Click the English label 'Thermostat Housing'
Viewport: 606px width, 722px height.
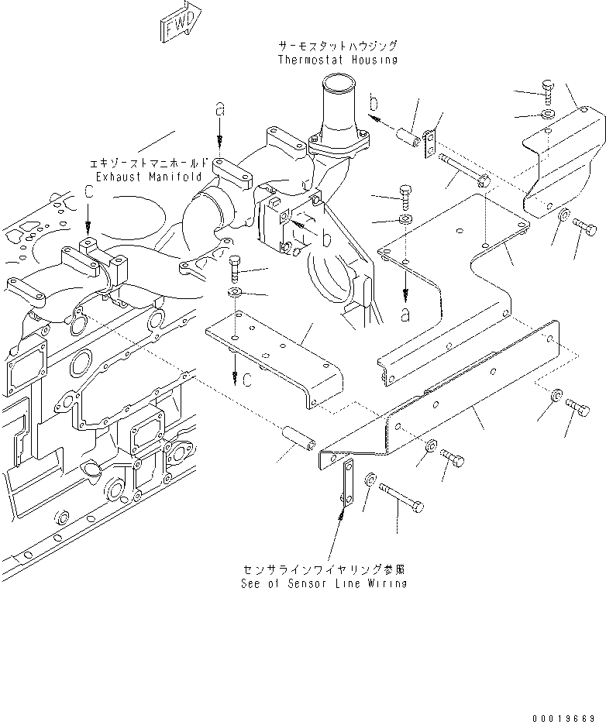tap(337, 60)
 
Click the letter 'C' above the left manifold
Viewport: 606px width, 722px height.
tap(90, 190)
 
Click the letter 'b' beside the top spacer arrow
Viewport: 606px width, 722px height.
tap(374, 101)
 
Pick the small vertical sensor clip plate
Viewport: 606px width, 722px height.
tap(346, 487)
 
